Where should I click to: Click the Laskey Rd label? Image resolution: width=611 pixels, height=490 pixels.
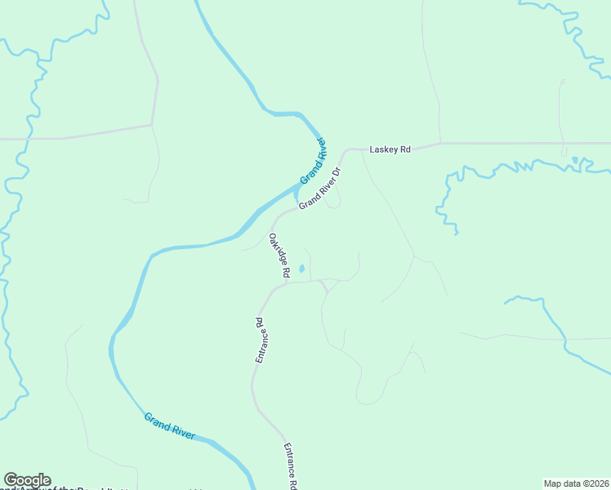(x=390, y=149)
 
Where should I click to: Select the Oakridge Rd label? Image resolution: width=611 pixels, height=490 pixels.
(x=279, y=256)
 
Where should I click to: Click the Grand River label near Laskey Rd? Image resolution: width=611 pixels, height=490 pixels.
(x=313, y=162)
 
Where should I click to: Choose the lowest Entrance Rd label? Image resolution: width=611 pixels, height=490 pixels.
(x=288, y=466)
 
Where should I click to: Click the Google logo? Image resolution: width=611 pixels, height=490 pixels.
(x=27, y=480)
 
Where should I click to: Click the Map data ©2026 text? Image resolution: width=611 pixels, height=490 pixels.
(x=576, y=483)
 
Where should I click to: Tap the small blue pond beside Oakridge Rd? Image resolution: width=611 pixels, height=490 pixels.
(x=301, y=268)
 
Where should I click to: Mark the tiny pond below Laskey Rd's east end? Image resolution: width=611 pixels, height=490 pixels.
(x=575, y=159)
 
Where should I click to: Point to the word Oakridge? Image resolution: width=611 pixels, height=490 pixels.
(x=276, y=250)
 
